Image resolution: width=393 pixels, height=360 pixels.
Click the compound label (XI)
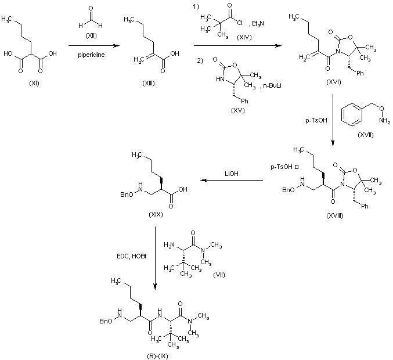point(33,84)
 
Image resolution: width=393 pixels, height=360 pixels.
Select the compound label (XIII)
point(148,84)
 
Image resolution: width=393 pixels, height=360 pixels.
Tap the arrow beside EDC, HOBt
point(156,255)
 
